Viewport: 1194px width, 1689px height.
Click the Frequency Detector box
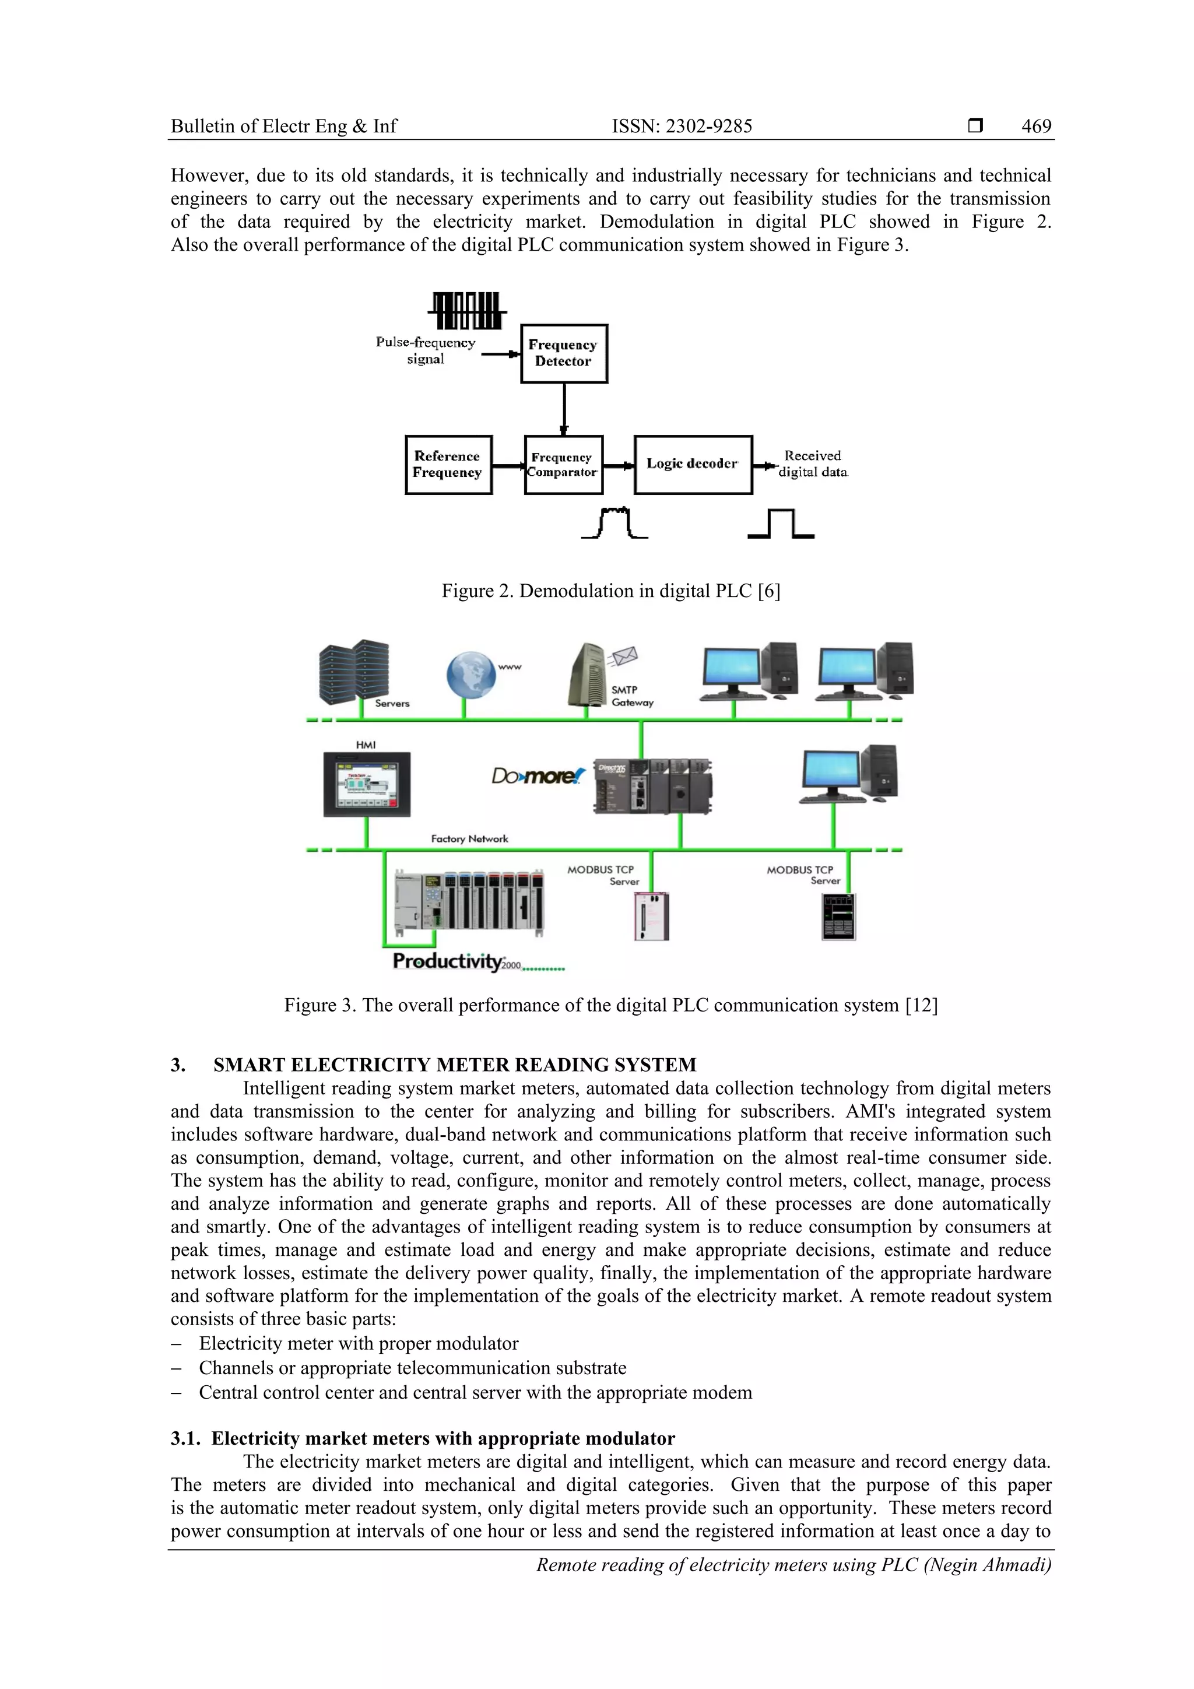click(x=564, y=353)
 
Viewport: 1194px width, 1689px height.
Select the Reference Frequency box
click(x=448, y=464)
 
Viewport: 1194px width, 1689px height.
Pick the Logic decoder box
click(x=692, y=464)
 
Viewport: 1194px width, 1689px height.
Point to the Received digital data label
click(x=813, y=464)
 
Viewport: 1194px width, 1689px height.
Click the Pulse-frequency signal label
click(x=425, y=350)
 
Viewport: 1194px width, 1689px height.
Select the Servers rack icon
click(x=354, y=672)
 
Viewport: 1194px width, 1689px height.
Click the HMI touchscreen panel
click(x=366, y=784)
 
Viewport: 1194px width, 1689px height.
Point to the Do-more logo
click(x=538, y=776)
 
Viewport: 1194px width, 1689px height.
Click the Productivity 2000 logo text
click(x=456, y=961)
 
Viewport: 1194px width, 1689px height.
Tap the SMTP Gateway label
click(x=632, y=696)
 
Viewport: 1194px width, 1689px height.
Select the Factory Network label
click(x=469, y=838)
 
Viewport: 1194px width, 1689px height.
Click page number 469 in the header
click(x=1036, y=127)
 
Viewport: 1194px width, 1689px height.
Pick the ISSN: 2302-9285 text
click(x=682, y=127)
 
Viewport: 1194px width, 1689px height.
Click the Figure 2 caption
click(x=610, y=591)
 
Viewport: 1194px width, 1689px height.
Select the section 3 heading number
click(x=178, y=1065)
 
